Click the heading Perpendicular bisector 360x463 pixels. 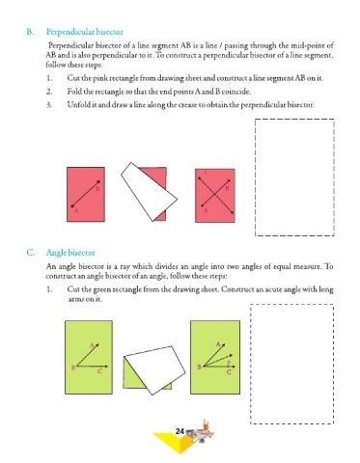(x=85, y=32)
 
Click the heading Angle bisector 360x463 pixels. (x=70, y=253)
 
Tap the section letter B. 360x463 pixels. (x=30, y=32)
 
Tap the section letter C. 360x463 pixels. (x=30, y=253)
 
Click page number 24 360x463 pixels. (x=180, y=431)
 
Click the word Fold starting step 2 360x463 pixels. (x=74, y=92)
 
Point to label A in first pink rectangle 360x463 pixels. (x=76, y=211)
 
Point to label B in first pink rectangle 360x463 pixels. (x=97, y=188)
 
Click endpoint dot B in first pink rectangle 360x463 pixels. (x=98, y=181)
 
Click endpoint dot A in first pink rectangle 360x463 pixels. (x=72, y=206)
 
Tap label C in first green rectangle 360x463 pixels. (x=100, y=371)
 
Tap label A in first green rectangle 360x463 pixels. (x=92, y=345)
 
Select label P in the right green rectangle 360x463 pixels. (x=229, y=363)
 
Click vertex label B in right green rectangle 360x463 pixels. (x=199, y=367)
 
